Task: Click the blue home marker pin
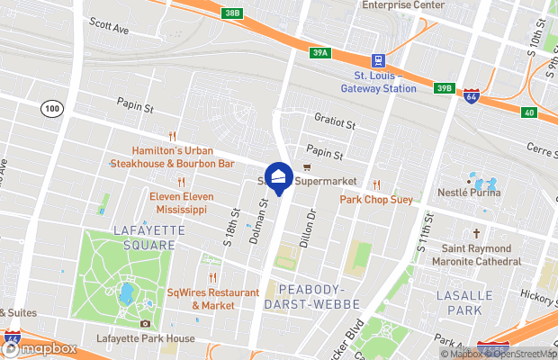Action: click(278, 177)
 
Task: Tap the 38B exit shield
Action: click(233, 13)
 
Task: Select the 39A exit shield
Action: click(320, 53)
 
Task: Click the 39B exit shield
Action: click(443, 88)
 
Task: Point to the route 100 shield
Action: click(50, 108)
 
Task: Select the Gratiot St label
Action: click(336, 120)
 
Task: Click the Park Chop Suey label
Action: click(376, 199)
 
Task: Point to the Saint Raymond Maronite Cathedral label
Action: click(481, 254)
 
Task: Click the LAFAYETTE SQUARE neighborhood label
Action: click(137, 238)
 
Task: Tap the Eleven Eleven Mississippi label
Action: click(178, 202)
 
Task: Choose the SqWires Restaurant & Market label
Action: click(212, 298)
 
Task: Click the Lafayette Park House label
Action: click(146, 339)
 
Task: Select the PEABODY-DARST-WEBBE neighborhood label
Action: click(310, 296)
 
